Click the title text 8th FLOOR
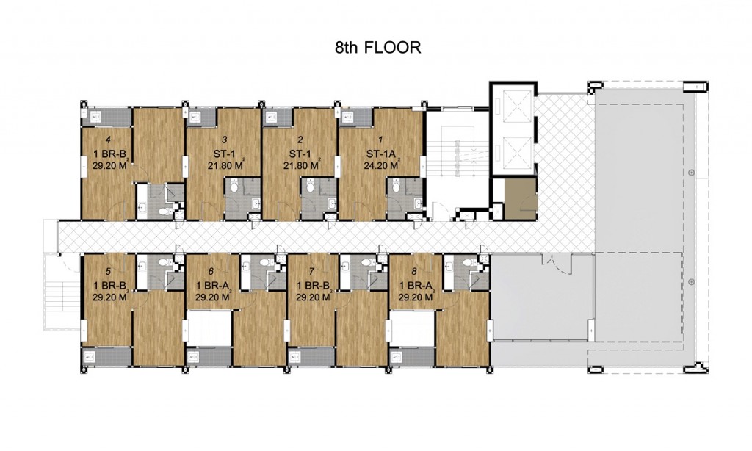tap(376, 48)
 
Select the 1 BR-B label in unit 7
tap(311, 285)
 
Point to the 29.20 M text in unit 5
tap(108, 298)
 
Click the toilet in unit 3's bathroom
tap(234, 188)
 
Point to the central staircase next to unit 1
tap(456, 158)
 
